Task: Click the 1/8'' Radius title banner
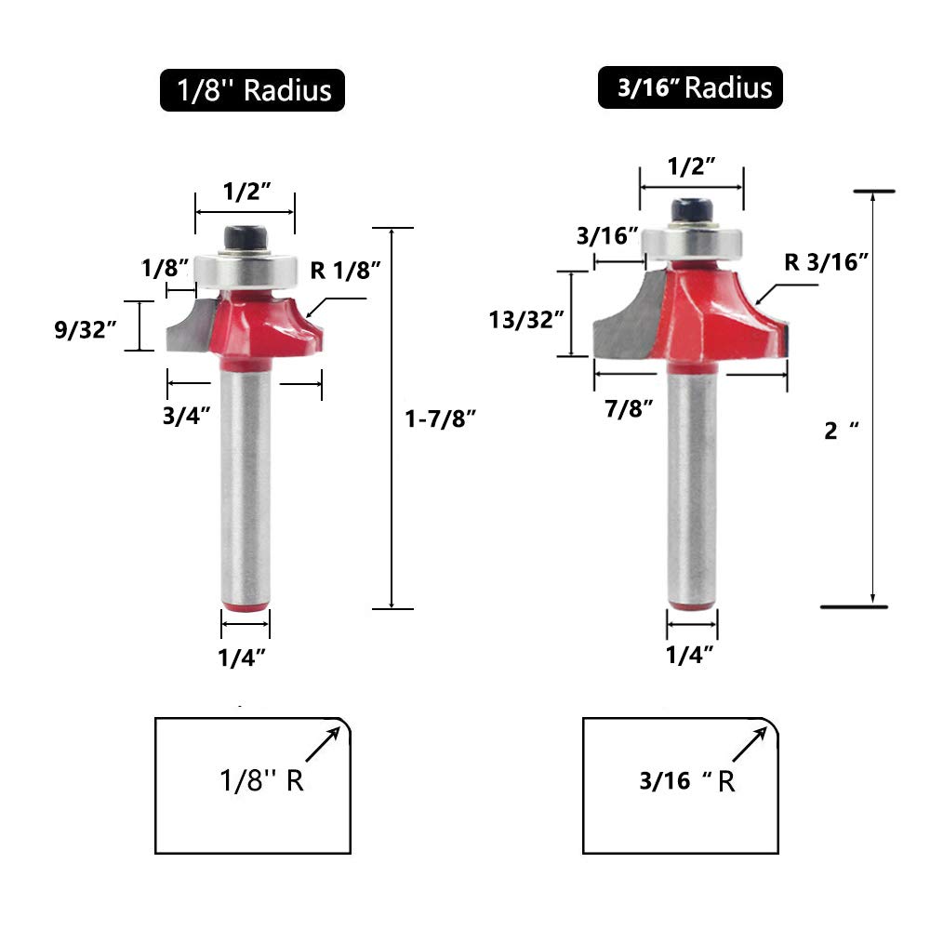click(252, 90)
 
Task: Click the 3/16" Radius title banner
click(690, 87)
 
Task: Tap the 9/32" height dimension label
click(86, 329)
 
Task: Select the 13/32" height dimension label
click(526, 320)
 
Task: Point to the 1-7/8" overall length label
click(440, 418)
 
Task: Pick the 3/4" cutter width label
click(186, 416)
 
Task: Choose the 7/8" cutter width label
click(629, 408)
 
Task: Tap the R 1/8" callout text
click(345, 271)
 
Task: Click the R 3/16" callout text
click(826, 261)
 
